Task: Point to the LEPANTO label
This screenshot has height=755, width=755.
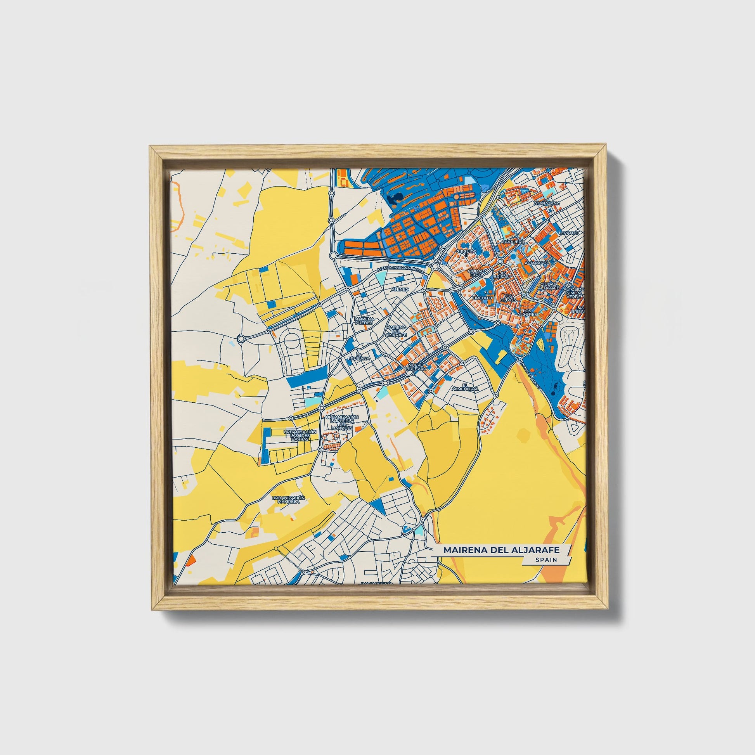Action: (569, 232)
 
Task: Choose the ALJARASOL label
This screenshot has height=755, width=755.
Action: (537, 263)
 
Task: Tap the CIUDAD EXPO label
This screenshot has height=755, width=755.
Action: (476, 273)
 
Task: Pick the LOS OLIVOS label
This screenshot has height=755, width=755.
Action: (508, 298)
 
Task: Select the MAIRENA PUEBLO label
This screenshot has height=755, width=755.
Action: (364, 321)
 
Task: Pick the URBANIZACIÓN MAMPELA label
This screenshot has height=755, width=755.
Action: (288, 499)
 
